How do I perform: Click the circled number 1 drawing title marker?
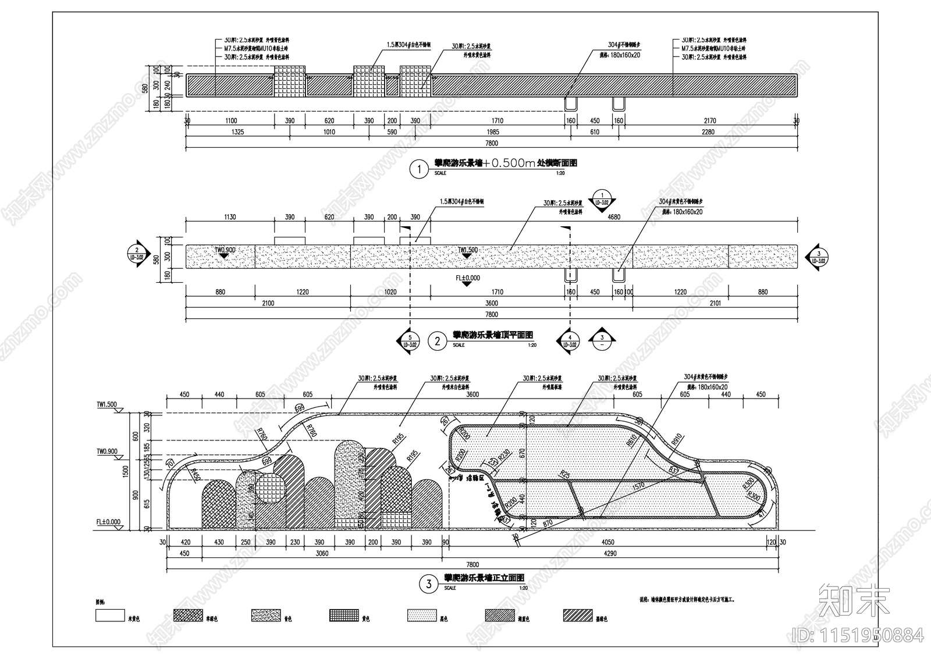418,170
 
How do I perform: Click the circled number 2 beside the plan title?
437,342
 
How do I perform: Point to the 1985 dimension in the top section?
492,132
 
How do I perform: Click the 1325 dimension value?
237,132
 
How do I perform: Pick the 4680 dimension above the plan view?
614,217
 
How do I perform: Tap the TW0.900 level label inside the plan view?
225,250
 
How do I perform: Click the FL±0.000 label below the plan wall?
468,278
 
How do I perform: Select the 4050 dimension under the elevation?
607,542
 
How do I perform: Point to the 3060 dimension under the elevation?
321,553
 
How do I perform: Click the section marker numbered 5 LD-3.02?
410,340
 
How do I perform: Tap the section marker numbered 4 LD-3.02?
570,340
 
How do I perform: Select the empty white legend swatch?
110,616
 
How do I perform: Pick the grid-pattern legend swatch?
344,616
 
